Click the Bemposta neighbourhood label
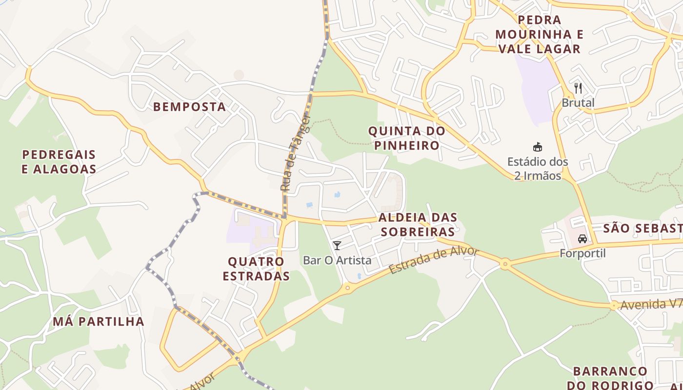click(190, 107)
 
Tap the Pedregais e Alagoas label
click(59, 162)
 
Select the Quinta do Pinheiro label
click(406, 138)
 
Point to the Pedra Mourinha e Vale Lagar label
click(539, 34)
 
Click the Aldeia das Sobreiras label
click(418, 224)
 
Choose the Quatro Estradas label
click(256, 269)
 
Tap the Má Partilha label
click(99, 321)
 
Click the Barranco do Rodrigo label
click(610, 378)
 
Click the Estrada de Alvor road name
click(434, 261)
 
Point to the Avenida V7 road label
click(651, 305)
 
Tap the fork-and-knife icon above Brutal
click(578, 88)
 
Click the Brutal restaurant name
click(578, 103)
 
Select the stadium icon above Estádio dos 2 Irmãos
click(538, 147)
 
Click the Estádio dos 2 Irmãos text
click(538, 168)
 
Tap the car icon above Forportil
click(582, 239)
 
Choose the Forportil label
click(583, 253)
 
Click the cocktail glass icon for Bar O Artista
click(337, 245)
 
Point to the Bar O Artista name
click(337, 260)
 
